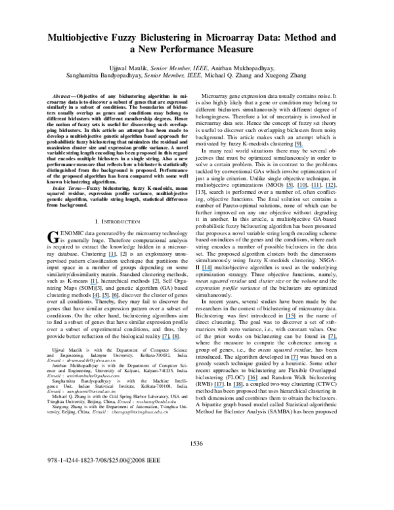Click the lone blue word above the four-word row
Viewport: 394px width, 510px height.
299,147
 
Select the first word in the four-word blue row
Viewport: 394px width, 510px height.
290,189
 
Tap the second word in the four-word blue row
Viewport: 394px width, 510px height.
302,189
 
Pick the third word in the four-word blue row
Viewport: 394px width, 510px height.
317,189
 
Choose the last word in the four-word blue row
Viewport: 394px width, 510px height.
330,189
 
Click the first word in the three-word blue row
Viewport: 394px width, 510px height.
95,298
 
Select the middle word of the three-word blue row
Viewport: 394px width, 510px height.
105,298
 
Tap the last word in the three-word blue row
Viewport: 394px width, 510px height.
115,298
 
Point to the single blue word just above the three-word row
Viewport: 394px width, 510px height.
93,285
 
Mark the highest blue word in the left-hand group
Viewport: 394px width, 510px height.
112,257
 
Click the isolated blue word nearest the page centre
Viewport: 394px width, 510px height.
207,271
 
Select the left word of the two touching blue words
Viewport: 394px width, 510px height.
166,340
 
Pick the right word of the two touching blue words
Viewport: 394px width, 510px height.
175,340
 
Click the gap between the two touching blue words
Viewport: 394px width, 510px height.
171,340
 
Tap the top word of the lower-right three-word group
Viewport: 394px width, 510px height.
292,319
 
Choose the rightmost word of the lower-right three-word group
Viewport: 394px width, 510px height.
332,340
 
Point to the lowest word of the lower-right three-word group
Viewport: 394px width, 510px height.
294,360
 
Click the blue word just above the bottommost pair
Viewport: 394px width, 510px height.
252,381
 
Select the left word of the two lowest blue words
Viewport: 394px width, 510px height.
219,387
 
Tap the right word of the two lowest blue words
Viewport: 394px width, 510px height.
238,387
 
